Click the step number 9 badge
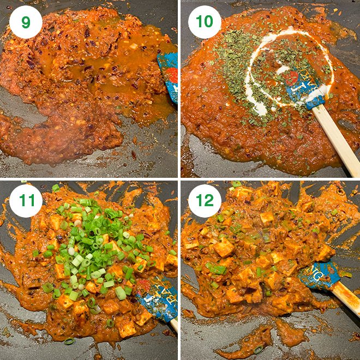click(26, 22)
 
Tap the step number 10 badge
click(205, 22)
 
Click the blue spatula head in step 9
click(169, 76)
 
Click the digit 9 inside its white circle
click(26, 22)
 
